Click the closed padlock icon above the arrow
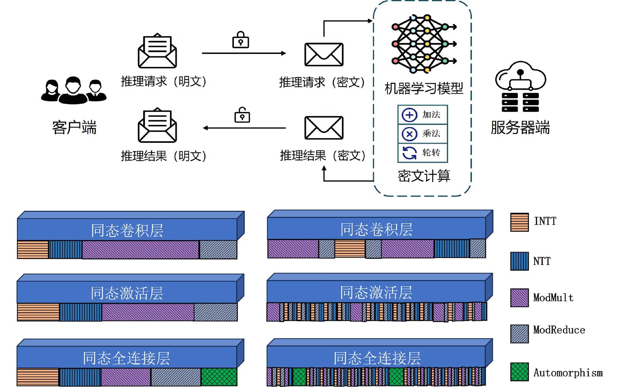[x=241, y=40]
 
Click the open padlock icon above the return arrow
[x=242, y=115]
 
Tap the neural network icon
[x=424, y=44]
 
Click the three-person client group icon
[x=74, y=90]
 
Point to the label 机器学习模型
[x=424, y=88]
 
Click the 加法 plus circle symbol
[x=409, y=115]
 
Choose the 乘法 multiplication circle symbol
[x=409, y=134]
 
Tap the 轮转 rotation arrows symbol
[x=409, y=153]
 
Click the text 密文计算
[x=424, y=176]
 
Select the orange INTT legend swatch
[x=519, y=222]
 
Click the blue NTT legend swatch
[x=519, y=261]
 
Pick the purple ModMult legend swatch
[x=519, y=298]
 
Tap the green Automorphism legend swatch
[x=519, y=372]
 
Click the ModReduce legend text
[x=559, y=330]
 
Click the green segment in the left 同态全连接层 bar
[x=219, y=377]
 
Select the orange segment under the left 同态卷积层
[x=32, y=250]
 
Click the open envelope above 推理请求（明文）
[x=157, y=51]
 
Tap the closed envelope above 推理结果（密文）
[x=324, y=128]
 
